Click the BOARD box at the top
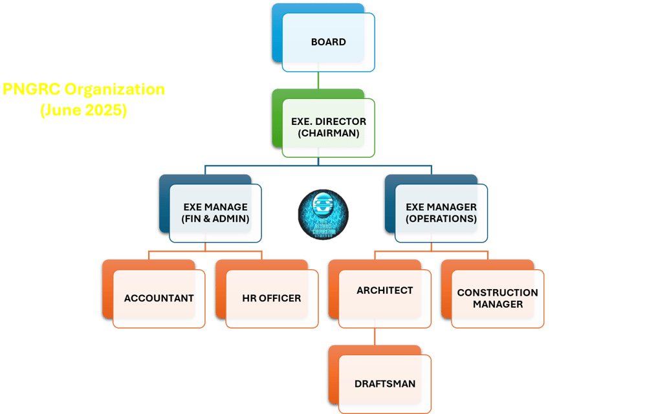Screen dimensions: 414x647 coord(328,42)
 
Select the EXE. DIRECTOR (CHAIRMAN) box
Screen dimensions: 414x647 coord(328,127)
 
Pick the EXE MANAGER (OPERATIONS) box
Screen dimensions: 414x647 coord(441,213)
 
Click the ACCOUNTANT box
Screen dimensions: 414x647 coord(159,298)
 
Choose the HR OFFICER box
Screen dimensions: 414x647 coord(271,298)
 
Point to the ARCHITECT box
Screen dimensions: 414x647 coord(384,291)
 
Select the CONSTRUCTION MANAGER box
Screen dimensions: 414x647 coord(497,298)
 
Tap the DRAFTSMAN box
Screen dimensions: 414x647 coord(384,384)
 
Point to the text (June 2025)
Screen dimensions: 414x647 coord(83,110)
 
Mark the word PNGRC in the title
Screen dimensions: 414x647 coord(26,89)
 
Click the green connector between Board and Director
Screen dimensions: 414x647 coord(318,84)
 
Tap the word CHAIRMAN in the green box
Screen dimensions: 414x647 coord(328,134)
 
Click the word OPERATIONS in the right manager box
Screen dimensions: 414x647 coord(441,219)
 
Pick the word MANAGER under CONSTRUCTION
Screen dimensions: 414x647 coord(497,304)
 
